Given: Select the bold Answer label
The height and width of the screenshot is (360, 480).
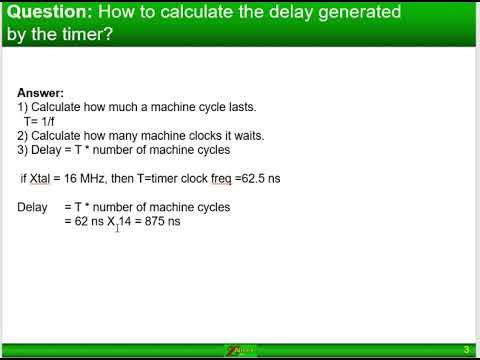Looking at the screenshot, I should click(39, 92).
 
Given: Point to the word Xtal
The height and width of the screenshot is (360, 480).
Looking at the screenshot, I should click(45, 179).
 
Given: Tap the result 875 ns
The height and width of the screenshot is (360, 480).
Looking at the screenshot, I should click(162, 222).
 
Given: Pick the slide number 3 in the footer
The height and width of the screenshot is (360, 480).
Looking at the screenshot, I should click(466, 349).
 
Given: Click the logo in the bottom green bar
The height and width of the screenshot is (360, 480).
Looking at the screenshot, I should click(239, 350).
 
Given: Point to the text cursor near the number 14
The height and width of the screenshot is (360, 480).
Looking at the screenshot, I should click(117, 227).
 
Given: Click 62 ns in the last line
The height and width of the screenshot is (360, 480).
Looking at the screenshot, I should click(86, 222).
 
